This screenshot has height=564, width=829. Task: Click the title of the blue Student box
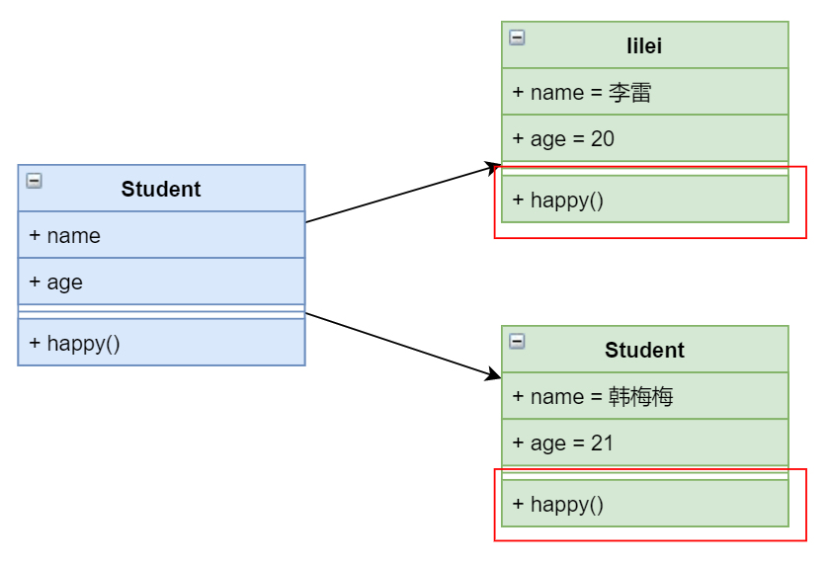pos(161,190)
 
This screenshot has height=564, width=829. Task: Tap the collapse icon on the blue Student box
pos(34,181)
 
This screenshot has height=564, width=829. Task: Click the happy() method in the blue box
pos(74,344)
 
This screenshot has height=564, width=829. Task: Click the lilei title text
pos(644,46)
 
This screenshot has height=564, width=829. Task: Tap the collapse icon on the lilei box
pos(517,38)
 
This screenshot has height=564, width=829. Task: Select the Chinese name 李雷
pos(629,93)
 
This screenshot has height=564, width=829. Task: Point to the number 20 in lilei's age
pos(602,139)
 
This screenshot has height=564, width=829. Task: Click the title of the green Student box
pos(644,350)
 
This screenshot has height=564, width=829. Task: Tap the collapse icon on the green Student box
pos(517,342)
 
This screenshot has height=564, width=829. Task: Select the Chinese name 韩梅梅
pos(640,396)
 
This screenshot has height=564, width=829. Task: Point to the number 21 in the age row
pos(602,443)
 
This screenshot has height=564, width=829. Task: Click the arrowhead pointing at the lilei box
pos(494,168)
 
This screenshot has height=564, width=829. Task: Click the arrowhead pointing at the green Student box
pos(494,374)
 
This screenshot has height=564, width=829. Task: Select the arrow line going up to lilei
pos(403,194)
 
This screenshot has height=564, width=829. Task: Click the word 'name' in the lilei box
pos(557,93)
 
